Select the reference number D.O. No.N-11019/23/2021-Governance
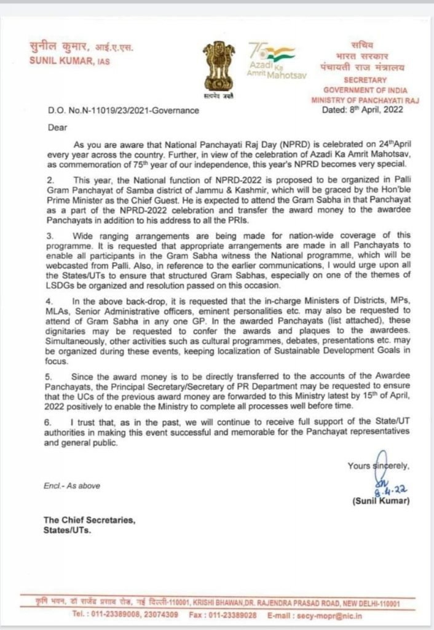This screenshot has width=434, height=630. point(123,111)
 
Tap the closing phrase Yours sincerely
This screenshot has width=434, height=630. point(378,466)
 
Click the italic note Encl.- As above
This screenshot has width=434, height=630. point(71,485)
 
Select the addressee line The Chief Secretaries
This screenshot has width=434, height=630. point(89,520)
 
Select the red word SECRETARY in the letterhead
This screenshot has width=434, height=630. point(365,80)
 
